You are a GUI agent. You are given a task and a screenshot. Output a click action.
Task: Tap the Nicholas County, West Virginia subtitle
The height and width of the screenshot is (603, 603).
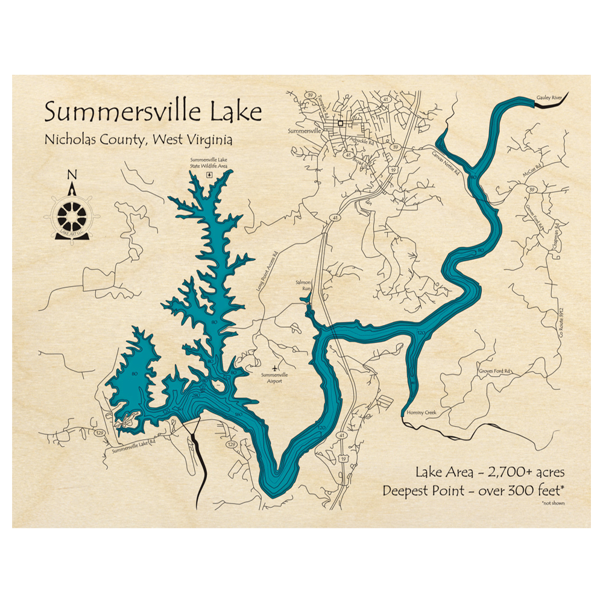click(x=138, y=140)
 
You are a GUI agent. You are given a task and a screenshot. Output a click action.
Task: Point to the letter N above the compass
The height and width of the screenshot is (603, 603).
click(x=72, y=175)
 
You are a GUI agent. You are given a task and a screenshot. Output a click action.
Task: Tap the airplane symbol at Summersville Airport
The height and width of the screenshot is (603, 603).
click(x=276, y=366)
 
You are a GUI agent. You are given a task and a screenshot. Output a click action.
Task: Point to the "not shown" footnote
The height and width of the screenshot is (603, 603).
click(x=553, y=502)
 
